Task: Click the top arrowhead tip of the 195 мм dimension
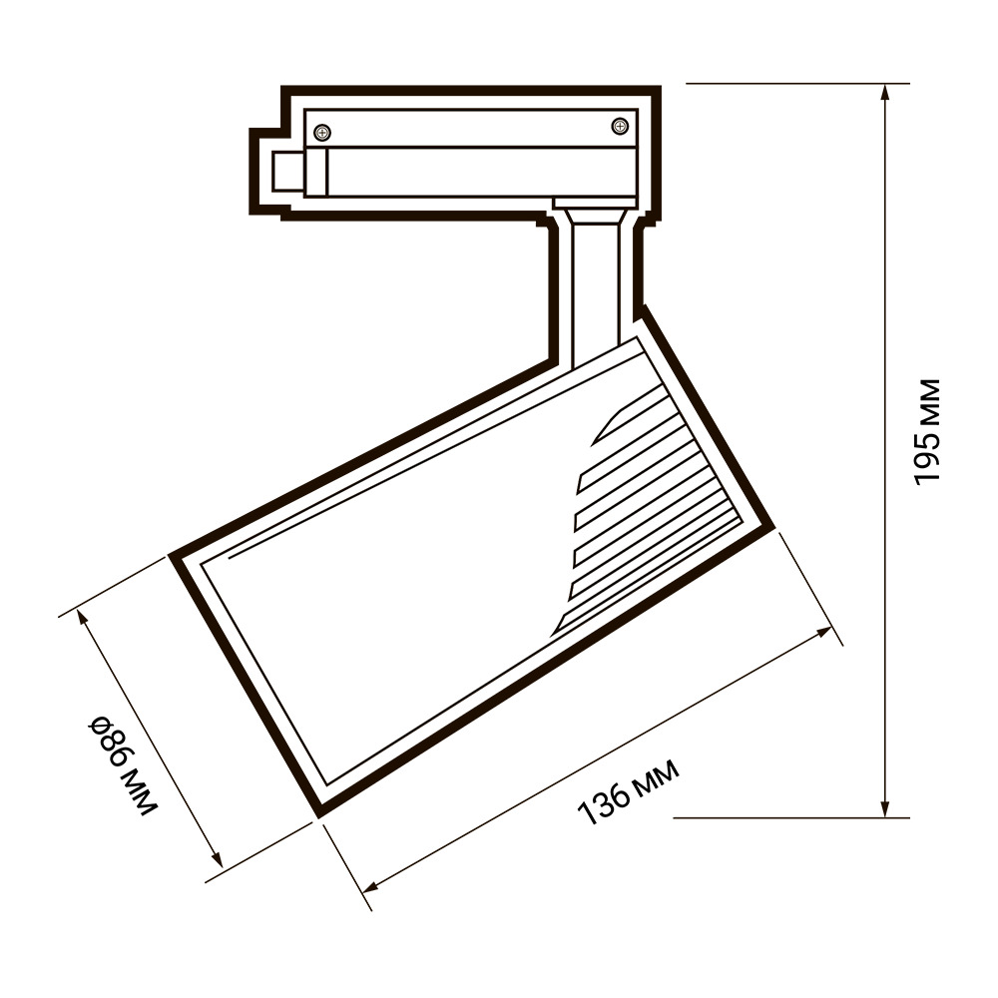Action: click(x=884, y=85)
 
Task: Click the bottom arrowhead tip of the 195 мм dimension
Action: click(x=884, y=816)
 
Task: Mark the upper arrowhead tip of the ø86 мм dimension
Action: click(x=78, y=609)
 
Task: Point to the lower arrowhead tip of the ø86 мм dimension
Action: click(x=223, y=866)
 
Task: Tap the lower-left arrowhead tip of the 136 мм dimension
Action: click(x=363, y=891)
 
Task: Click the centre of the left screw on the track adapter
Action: click(x=323, y=133)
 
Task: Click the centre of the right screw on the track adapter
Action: click(x=620, y=126)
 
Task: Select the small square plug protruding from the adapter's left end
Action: click(x=288, y=172)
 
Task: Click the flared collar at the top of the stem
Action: click(x=596, y=216)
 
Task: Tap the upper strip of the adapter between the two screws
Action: click(x=471, y=129)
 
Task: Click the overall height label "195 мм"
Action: click(x=925, y=432)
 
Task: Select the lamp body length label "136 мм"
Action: click(x=628, y=791)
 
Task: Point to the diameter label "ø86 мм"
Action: click(x=122, y=765)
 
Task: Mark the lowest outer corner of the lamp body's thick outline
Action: click(x=318, y=816)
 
